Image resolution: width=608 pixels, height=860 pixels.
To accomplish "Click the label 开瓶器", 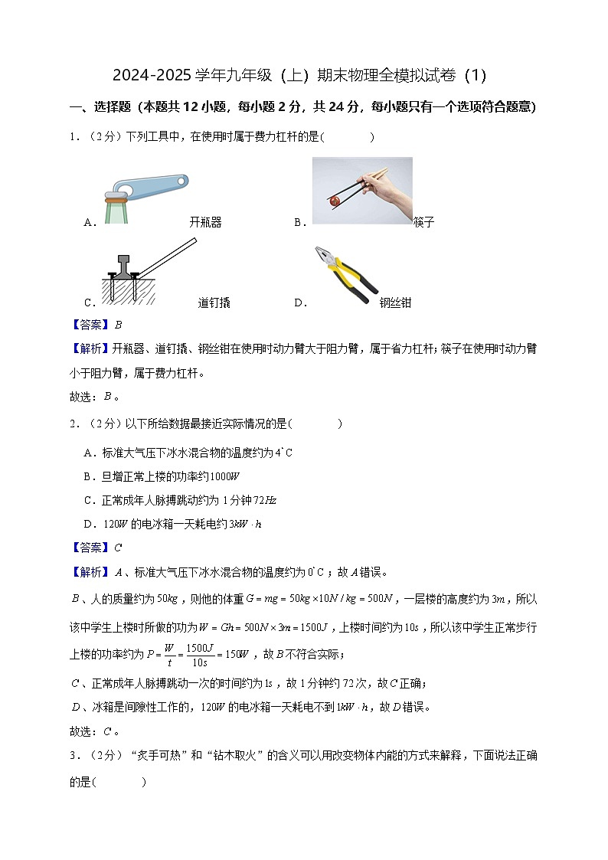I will tap(205, 223).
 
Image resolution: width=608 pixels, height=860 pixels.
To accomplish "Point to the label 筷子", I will tap(423, 223).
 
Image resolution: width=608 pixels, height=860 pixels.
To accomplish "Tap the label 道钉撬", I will tap(214, 302).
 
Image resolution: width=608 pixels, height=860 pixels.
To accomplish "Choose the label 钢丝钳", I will tap(395, 302).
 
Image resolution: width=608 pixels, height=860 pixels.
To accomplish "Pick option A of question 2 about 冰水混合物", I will tap(188, 453).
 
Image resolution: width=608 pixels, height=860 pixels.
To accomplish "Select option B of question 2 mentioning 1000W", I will tap(162, 477).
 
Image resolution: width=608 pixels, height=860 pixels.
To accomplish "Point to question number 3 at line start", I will tap(74, 756).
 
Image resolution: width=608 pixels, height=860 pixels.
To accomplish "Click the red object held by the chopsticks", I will tap(334, 201).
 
